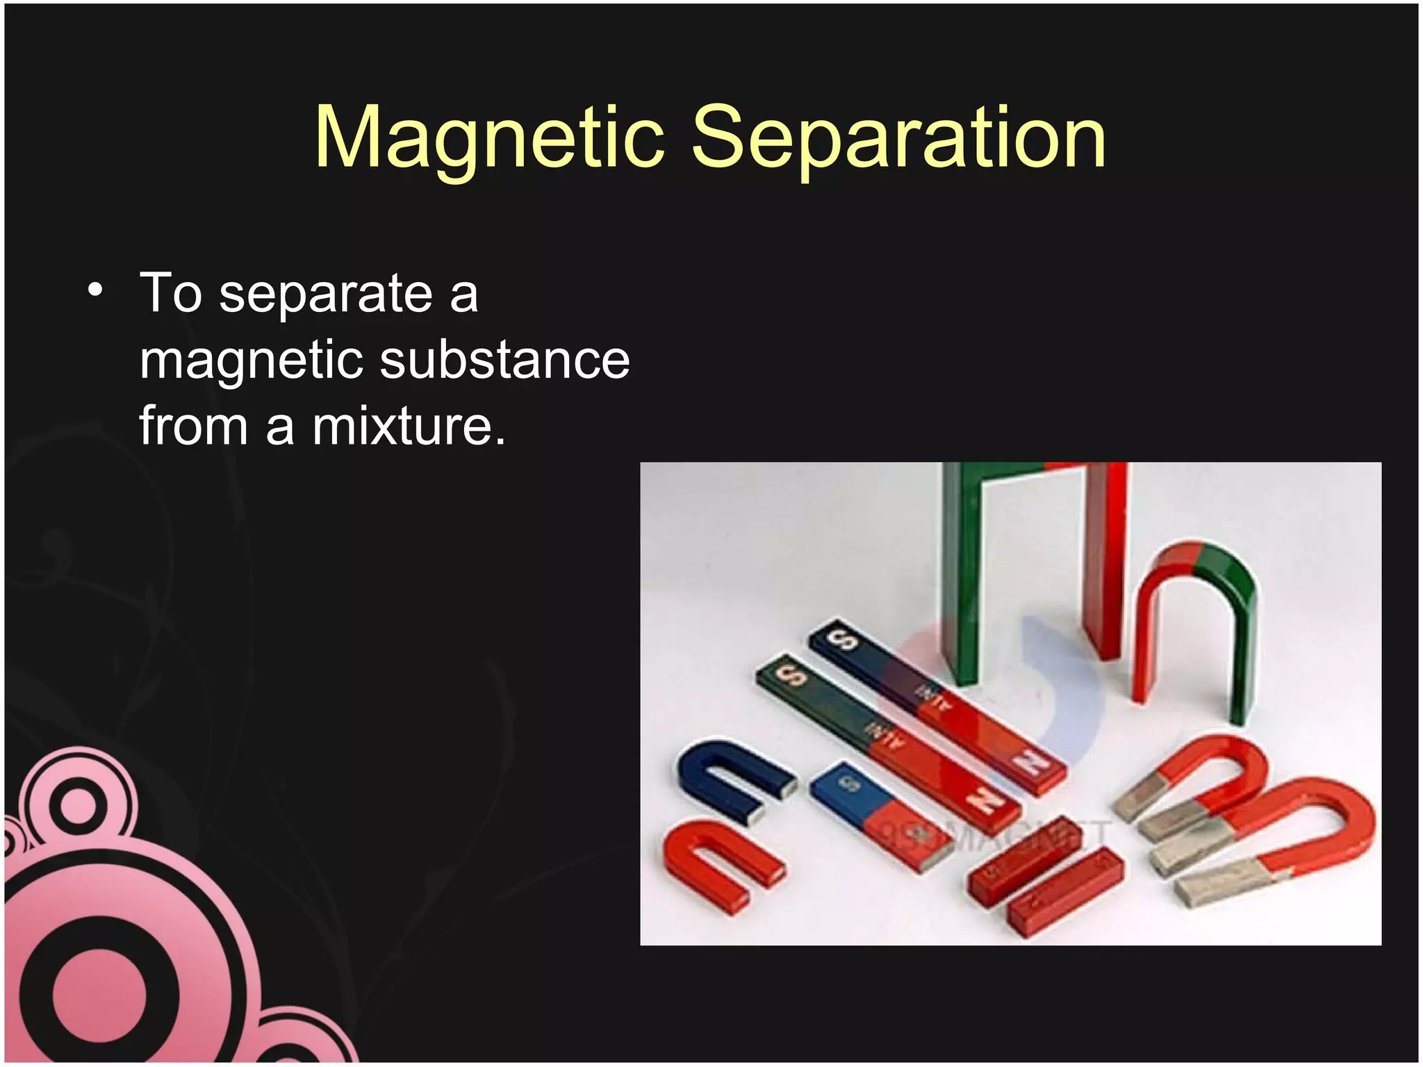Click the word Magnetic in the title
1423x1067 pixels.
tap(490, 137)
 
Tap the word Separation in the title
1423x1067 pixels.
tap(898, 137)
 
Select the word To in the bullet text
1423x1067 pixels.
tap(171, 293)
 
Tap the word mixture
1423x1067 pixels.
tap(409, 426)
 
